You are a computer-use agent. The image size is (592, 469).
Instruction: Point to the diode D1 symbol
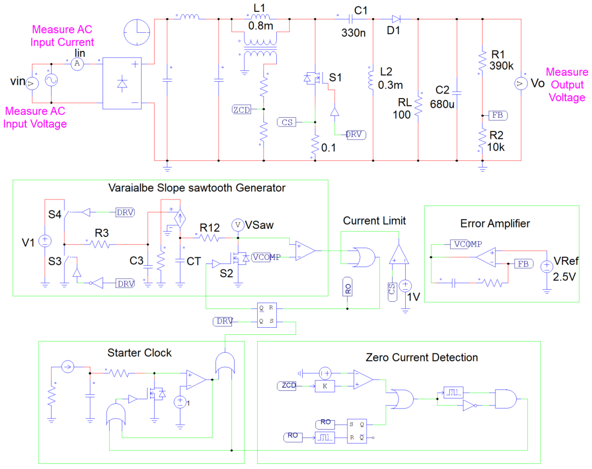tap(396, 19)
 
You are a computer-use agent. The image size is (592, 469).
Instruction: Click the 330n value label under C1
tap(353, 33)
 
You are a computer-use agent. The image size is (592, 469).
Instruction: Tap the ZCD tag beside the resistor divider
tap(241, 110)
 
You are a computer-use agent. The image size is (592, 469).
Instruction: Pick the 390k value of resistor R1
tap(501, 66)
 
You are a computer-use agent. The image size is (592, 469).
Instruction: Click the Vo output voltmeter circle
tap(521, 84)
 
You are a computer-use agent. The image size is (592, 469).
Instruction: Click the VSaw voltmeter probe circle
tap(238, 225)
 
